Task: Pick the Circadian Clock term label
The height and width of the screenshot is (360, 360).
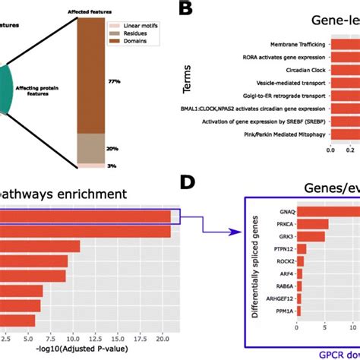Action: [303, 74]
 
